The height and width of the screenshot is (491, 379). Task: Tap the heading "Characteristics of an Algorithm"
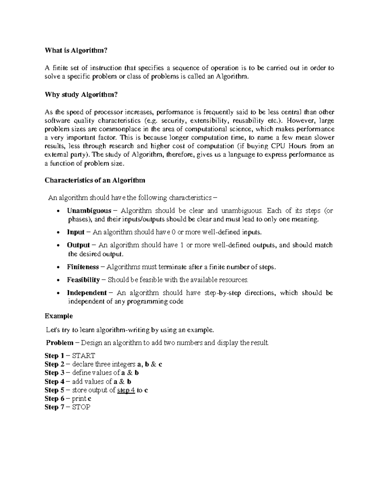[x=95, y=180]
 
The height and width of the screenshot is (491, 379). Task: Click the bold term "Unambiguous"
[x=89, y=211]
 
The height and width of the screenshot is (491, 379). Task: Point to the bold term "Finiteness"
[x=83, y=267]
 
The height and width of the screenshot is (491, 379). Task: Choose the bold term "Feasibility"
[x=83, y=280]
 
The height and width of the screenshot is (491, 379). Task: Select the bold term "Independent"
[x=87, y=293]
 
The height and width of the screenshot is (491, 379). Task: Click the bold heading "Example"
[x=59, y=316]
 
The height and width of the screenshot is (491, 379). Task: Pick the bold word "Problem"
[x=60, y=343]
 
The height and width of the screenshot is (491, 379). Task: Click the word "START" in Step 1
[x=84, y=356]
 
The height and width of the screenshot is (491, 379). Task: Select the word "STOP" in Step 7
[x=81, y=407]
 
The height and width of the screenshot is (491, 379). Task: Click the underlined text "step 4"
[x=126, y=390]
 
